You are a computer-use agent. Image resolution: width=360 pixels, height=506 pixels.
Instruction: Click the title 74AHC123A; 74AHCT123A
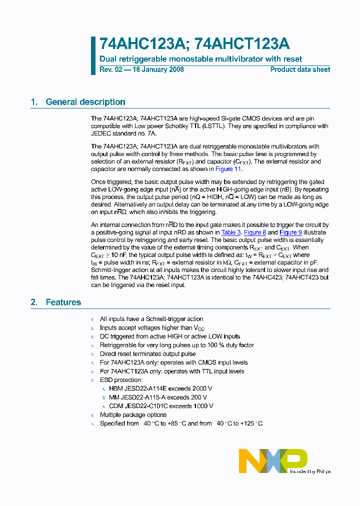click(x=194, y=44)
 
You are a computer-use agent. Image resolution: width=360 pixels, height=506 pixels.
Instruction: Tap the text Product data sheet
click(x=300, y=69)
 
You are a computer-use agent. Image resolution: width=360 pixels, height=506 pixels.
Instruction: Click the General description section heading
click(x=85, y=102)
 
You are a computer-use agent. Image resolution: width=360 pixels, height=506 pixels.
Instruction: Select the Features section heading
click(x=63, y=302)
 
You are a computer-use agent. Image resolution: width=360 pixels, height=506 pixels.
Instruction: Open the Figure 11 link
click(x=234, y=169)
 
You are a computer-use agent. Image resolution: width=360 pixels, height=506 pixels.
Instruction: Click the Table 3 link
click(x=231, y=232)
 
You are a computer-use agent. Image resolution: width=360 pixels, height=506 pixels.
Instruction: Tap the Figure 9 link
click(x=290, y=232)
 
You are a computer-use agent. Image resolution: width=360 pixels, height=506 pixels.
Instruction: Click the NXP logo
click(x=272, y=460)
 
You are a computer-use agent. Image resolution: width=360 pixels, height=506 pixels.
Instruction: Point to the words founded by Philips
click(x=310, y=471)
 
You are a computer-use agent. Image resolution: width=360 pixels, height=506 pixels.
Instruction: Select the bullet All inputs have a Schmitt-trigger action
click(x=151, y=319)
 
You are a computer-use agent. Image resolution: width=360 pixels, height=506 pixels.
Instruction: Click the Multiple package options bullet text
click(x=133, y=414)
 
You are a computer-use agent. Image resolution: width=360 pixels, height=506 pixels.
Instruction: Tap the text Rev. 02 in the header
click(x=110, y=69)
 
